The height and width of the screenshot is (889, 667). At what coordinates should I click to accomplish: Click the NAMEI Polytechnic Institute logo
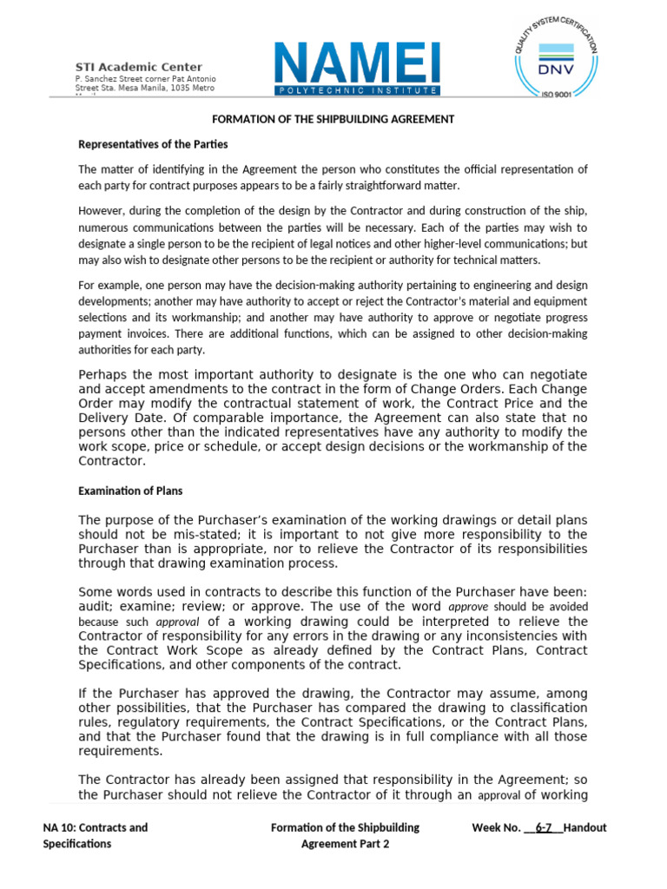coord(357,69)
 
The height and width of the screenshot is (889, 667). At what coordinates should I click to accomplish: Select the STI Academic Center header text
coord(140,67)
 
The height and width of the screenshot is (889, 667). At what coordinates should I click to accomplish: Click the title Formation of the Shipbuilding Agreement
coord(333,119)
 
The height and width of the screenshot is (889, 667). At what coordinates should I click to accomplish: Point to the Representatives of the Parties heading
coord(153,144)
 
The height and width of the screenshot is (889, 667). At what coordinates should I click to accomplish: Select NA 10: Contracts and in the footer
coord(96,827)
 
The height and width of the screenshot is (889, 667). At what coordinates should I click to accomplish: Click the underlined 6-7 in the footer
coord(545,827)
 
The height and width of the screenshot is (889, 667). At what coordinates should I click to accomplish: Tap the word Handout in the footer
coord(585,827)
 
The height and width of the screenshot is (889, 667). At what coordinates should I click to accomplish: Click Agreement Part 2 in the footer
coord(345,844)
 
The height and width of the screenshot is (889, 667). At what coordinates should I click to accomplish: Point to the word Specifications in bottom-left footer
coord(77,844)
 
